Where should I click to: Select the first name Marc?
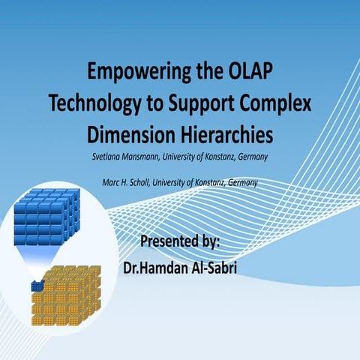(x=111, y=182)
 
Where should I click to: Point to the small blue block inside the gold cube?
(x=36, y=285)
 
